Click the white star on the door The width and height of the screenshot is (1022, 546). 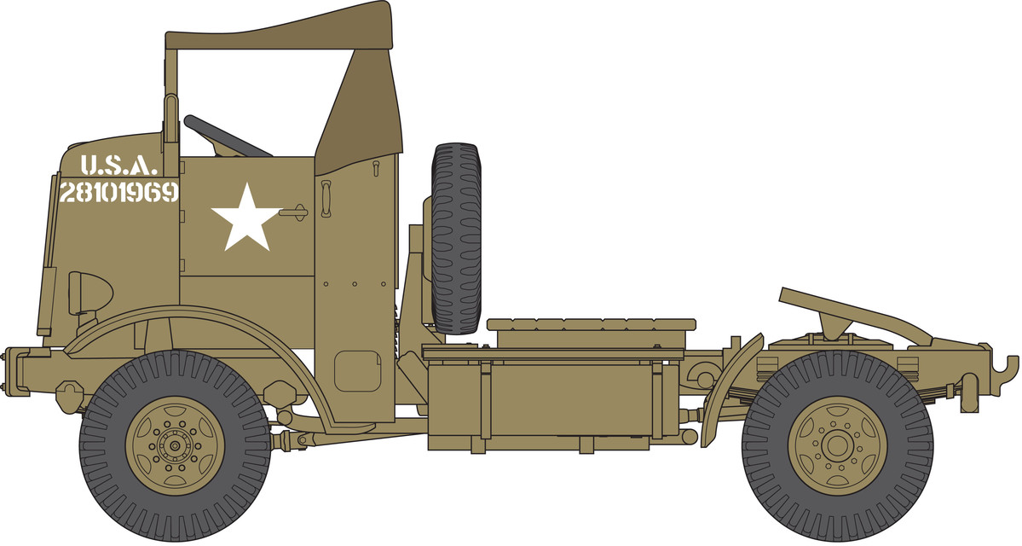(x=245, y=218)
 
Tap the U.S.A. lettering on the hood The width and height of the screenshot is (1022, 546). (x=118, y=166)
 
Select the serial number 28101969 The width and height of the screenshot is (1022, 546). (x=118, y=193)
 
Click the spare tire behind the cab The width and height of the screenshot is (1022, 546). (x=456, y=238)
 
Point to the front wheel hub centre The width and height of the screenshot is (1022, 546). (x=175, y=446)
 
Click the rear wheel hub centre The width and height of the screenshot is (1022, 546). (x=837, y=446)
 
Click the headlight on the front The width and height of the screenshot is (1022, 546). (x=90, y=293)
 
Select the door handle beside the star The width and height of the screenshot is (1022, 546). (x=294, y=212)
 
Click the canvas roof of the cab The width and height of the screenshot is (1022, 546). (x=279, y=29)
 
